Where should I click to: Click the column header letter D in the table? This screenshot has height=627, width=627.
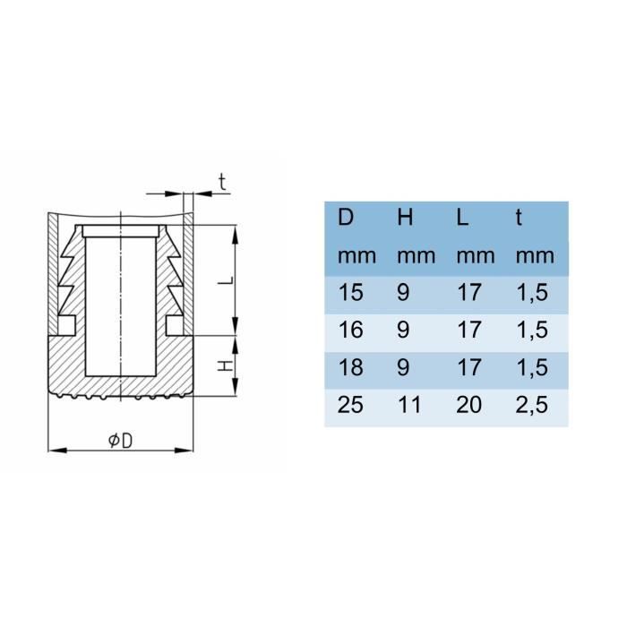[346, 218]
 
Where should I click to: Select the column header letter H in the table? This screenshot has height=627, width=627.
[405, 218]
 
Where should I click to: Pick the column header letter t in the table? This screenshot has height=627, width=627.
[520, 218]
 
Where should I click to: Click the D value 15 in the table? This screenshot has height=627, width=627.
[350, 292]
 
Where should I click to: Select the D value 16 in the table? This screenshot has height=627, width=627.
[350, 330]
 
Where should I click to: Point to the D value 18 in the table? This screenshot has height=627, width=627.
[350, 367]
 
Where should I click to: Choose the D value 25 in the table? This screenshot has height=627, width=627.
[350, 406]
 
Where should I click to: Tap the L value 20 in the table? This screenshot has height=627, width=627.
[469, 406]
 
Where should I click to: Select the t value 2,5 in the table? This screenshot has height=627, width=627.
[531, 406]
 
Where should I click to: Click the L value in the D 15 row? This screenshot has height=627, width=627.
[468, 292]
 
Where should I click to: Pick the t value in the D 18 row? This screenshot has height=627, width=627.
[531, 367]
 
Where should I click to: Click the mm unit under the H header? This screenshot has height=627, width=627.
[416, 255]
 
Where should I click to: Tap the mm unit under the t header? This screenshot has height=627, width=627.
[535, 255]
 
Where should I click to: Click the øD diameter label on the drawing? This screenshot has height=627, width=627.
[119, 440]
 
